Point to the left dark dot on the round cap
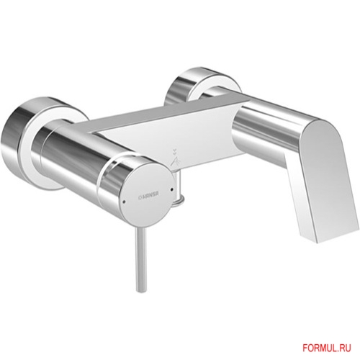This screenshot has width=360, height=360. pos(123,202)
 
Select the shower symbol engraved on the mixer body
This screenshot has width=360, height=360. pos(174,158)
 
